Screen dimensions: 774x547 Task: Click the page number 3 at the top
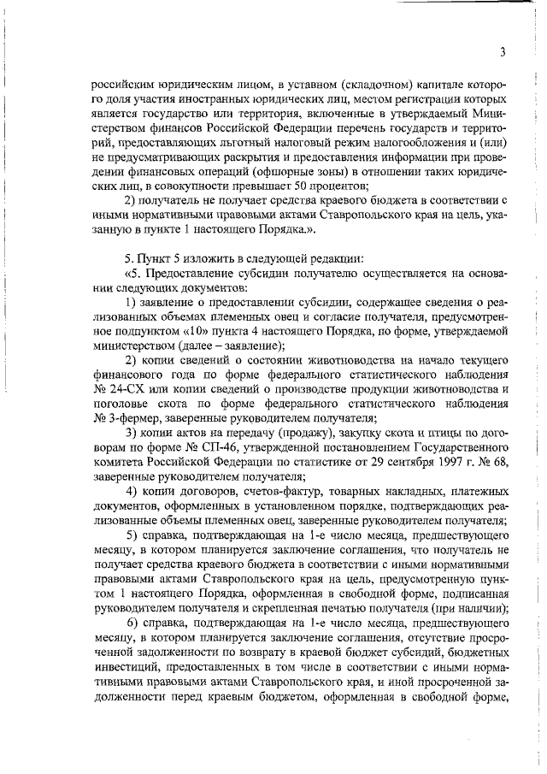click(503, 51)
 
